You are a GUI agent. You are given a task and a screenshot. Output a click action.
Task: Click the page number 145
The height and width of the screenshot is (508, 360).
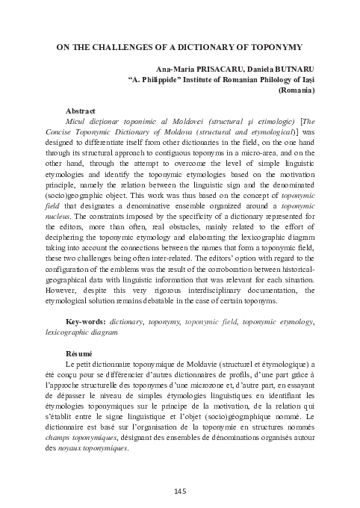pyautogui.click(x=179, y=490)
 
